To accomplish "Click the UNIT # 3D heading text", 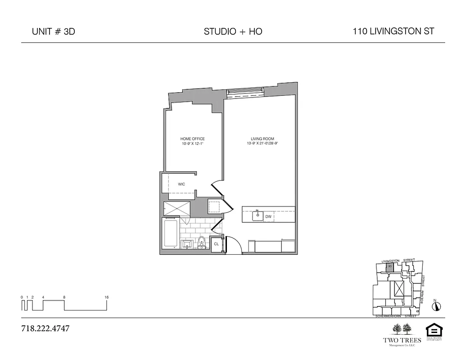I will coord(53,31).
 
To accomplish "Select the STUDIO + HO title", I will coord(233,31).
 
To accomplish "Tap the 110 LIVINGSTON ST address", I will coord(394,31).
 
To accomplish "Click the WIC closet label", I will coord(181,184).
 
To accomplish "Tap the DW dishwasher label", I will coord(268,216).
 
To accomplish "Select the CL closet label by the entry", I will coord(216,244).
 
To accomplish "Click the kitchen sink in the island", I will coord(258,215).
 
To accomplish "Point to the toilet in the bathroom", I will coord(202,242).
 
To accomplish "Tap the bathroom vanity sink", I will coord(186,244).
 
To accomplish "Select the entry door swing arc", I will coord(234,245).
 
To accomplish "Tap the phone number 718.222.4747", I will coord(45,328).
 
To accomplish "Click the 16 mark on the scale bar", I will coord(107,297).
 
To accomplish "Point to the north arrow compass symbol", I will coord(436,306).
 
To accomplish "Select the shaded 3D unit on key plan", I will coord(390,267).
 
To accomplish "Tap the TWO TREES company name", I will coord(402,340).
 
